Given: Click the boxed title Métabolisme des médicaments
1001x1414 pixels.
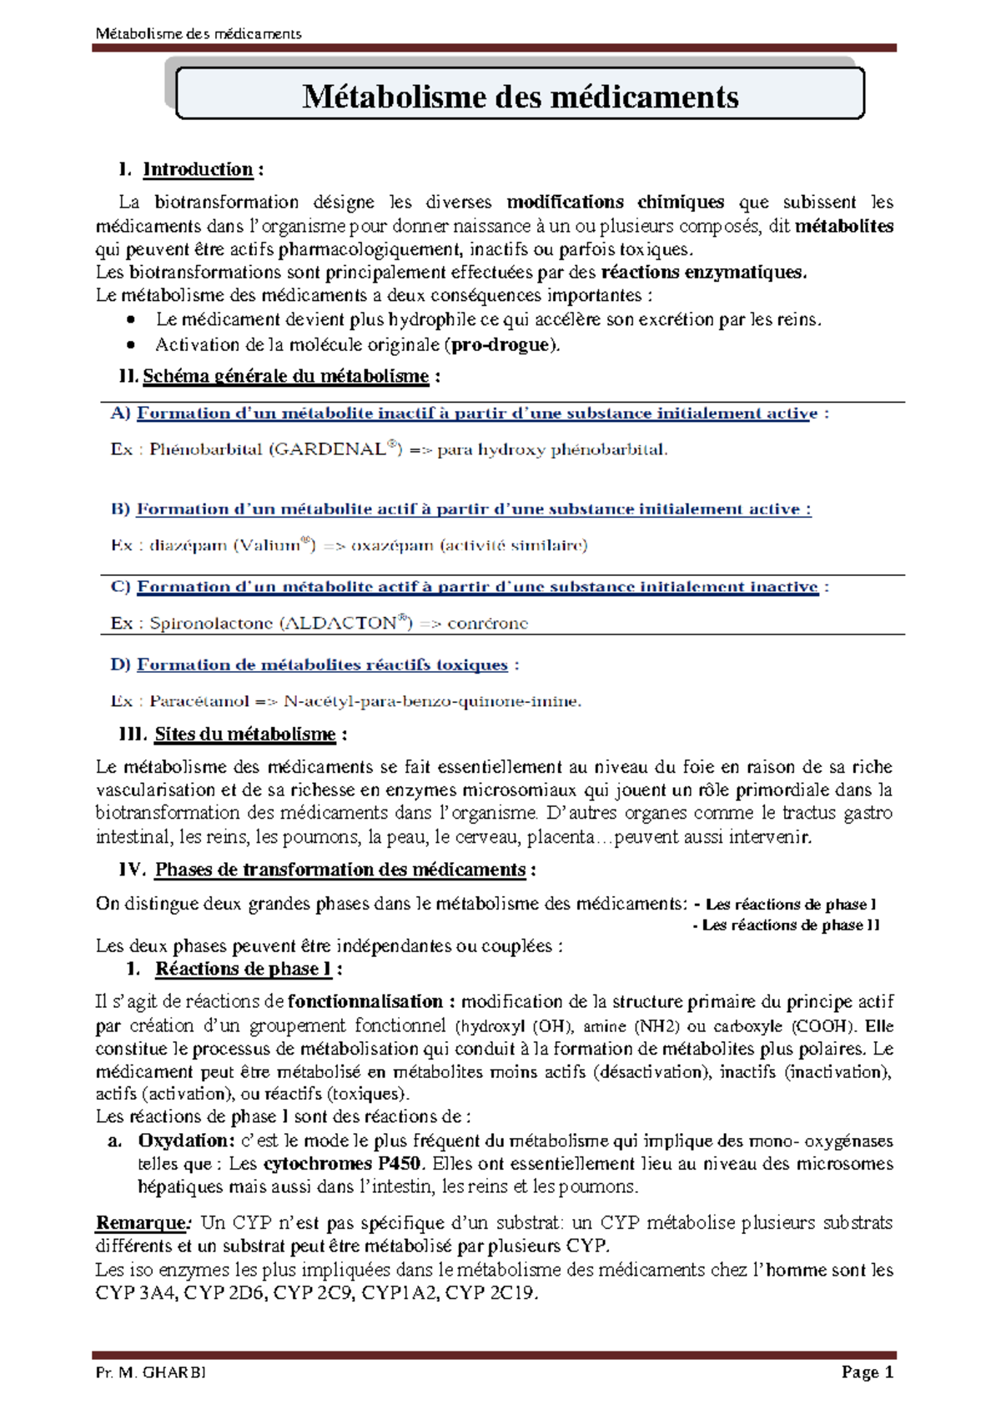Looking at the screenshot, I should coord(520,97).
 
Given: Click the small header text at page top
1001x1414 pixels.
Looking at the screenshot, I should coord(199,33).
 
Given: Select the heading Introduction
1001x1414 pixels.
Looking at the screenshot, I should coord(198,169).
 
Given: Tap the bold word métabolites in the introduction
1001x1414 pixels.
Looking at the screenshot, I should coord(844,226).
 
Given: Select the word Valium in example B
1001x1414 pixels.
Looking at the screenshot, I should coord(270,545).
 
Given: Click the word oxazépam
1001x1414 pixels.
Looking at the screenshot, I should coord(392,545).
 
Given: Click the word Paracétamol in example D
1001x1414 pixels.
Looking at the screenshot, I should coord(199,701).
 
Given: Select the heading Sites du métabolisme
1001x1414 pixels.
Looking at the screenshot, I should coord(244,735).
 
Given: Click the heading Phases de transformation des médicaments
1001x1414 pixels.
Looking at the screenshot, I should coord(340,870).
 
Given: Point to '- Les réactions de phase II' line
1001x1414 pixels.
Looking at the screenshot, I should coord(786,925).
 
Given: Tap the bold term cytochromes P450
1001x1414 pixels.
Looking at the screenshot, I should coord(342,1163).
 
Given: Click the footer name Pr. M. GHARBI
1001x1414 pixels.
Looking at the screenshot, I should coord(151,1372).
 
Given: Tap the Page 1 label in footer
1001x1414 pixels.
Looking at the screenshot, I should coord(868,1372).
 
